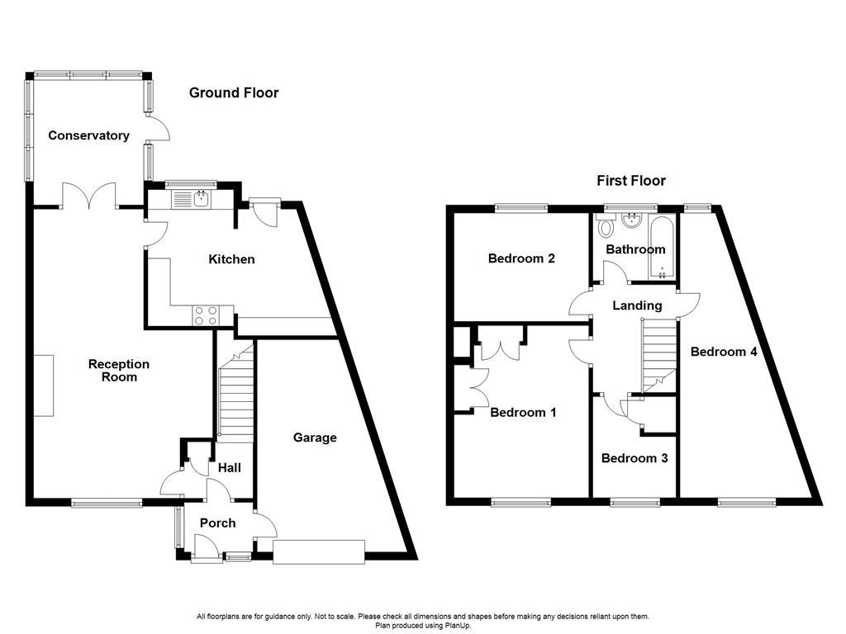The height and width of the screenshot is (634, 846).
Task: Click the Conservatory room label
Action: [88, 135]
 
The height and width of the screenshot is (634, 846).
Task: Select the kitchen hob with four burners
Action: [205, 315]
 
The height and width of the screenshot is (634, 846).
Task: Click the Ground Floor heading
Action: [234, 93]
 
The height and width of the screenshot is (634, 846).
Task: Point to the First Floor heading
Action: [631, 181]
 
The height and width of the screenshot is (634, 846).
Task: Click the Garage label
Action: [315, 438]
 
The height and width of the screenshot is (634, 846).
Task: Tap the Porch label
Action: [217, 523]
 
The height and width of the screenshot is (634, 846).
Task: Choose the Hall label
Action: [229, 468]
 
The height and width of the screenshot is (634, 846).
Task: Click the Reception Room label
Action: [119, 371]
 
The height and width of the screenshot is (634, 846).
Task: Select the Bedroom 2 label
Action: [521, 258]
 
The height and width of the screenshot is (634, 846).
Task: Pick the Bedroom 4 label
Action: [724, 352]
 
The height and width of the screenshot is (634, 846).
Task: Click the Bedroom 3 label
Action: [634, 458]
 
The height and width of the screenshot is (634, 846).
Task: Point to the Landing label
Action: [637, 305]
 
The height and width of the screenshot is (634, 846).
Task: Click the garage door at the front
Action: [319, 551]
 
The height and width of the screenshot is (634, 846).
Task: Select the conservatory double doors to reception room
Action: [88, 195]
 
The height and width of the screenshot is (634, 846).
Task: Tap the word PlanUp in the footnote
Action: [458, 626]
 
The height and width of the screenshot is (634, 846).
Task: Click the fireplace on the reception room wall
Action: [45, 386]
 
